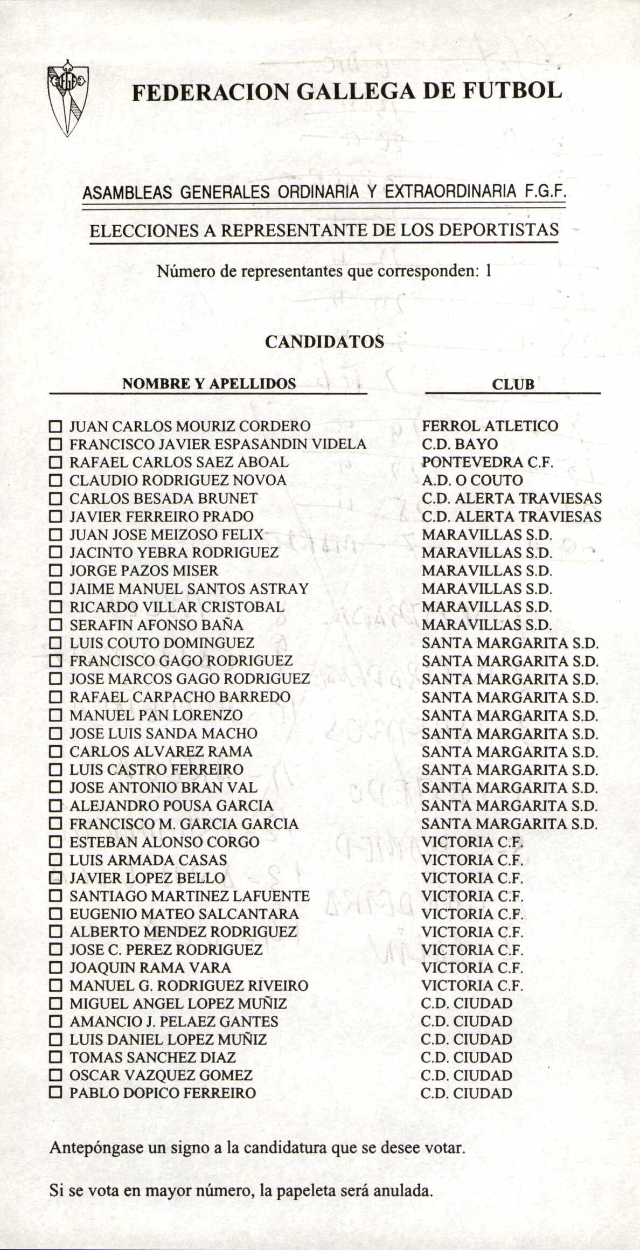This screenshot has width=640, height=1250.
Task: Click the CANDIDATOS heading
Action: coord(325,342)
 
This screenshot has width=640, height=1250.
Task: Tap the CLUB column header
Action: coord(513,384)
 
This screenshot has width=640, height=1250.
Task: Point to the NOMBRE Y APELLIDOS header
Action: coord(209,384)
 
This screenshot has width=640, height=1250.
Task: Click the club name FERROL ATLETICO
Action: coord(490,426)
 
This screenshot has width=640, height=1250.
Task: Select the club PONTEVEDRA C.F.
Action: coord(488,462)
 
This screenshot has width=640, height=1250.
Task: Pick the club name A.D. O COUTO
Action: coord(472,481)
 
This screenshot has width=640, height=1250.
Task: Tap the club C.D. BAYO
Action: coord(460,445)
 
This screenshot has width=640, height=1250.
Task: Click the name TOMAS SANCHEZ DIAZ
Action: coord(152,1057)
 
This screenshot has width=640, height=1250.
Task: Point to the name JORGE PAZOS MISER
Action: coord(144,571)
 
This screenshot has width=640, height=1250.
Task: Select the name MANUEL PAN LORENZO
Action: coord(156,716)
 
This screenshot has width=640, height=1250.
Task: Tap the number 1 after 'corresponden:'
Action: coord(488,271)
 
